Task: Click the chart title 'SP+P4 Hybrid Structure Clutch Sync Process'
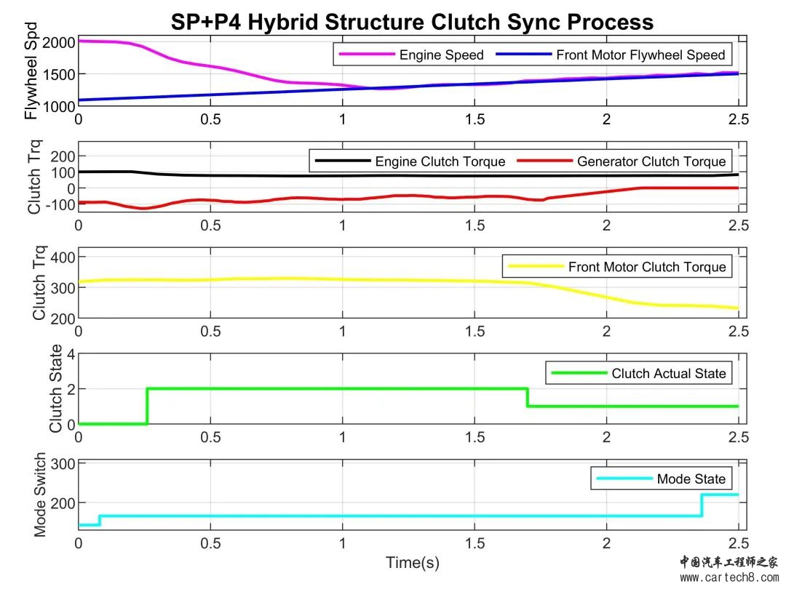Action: coord(412,22)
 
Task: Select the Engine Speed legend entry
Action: coord(411,55)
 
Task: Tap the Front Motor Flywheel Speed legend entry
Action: coord(610,55)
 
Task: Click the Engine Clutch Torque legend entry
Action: coord(410,161)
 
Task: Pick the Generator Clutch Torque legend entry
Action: coord(621,161)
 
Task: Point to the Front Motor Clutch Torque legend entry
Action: coord(616,267)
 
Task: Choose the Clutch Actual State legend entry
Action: coord(638,373)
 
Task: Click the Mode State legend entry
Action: coord(661,478)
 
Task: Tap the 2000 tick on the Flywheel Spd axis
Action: coord(59,43)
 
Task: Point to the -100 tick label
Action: coord(60,204)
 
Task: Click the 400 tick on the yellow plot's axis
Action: coord(63,257)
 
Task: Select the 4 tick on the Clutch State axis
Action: coord(71,355)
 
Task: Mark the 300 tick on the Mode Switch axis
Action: coord(63,464)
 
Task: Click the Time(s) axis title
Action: coord(413,562)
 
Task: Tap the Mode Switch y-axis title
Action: coord(39,495)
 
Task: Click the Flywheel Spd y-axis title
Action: coord(31,71)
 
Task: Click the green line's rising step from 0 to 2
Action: coord(147,406)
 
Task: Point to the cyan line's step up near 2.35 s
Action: coord(702,505)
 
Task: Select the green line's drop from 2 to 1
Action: coord(528,397)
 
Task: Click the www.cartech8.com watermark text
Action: coord(729,577)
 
